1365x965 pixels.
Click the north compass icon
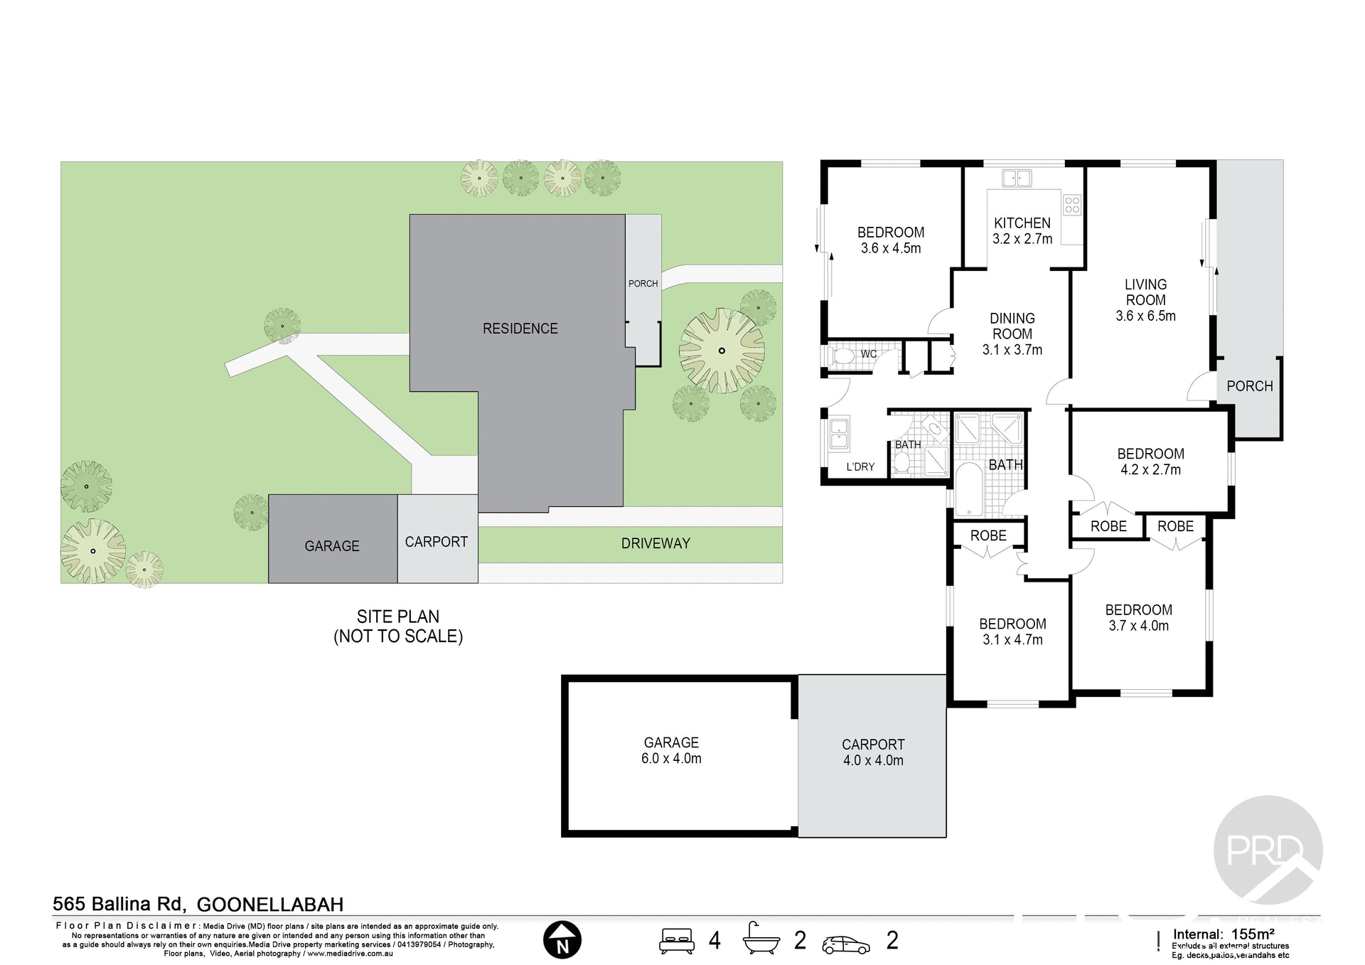(x=562, y=940)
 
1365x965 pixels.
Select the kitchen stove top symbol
(x=1071, y=206)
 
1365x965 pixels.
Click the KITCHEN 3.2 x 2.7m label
(x=1022, y=231)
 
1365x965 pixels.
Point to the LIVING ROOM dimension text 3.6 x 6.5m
(x=1145, y=316)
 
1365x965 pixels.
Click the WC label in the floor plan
(x=868, y=354)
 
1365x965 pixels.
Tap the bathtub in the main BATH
(x=968, y=489)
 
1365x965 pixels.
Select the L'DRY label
(x=860, y=467)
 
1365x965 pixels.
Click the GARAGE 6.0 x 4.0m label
(x=671, y=750)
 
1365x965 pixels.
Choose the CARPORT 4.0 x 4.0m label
(x=873, y=752)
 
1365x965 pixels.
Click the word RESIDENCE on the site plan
(x=520, y=329)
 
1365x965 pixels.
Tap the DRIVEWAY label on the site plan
(x=655, y=543)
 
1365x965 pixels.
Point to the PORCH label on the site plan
(x=643, y=284)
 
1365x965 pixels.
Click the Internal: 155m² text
(x=1223, y=934)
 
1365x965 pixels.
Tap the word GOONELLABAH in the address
(x=269, y=905)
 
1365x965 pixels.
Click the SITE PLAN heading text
(x=398, y=617)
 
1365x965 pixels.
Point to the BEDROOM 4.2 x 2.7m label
(x=1150, y=462)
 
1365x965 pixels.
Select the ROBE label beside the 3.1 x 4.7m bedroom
(x=988, y=535)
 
